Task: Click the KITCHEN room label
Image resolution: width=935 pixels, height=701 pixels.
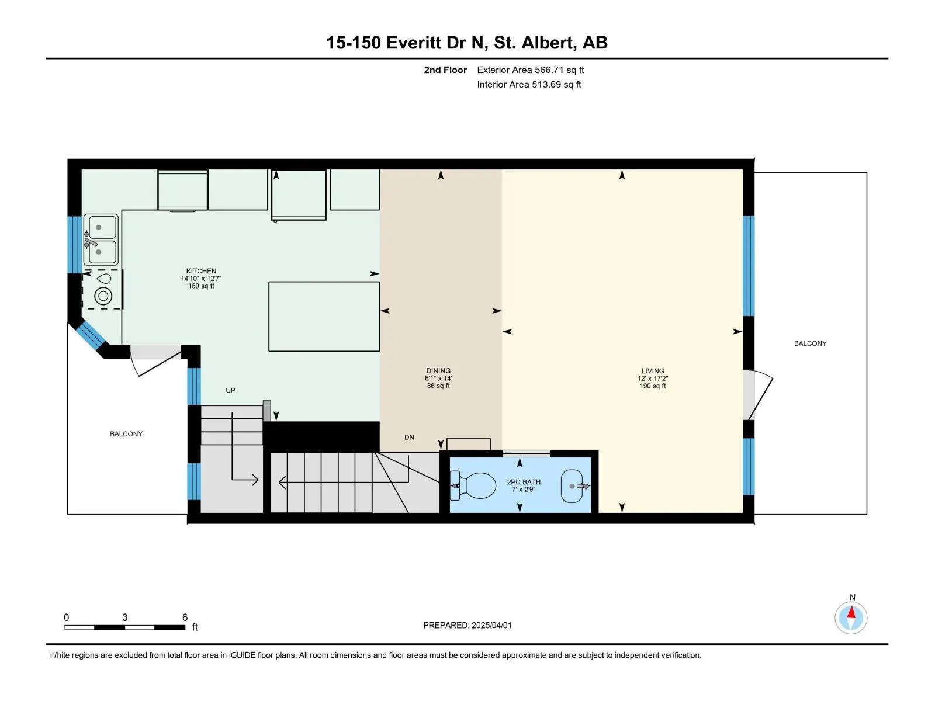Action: pos(201,270)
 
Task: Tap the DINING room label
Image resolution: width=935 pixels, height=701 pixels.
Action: pos(438,371)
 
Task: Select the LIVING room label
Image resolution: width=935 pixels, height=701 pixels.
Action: pos(653,371)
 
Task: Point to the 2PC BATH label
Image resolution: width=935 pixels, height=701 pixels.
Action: pos(524,482)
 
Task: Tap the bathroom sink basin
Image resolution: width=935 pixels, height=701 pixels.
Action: pos(572,486)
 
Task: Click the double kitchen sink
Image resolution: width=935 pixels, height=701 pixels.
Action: pos(101,240)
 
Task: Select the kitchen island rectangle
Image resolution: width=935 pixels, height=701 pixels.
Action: pos(324,316)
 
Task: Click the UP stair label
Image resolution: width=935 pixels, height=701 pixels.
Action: pos(230,390)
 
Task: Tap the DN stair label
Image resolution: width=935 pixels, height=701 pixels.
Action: pos(409,437)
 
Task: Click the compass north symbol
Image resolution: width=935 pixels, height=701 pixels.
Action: pos(851,617)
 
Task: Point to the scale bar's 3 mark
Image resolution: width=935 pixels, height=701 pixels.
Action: pos(125,617)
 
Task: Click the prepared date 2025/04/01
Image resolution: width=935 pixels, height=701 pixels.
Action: pos(491,625)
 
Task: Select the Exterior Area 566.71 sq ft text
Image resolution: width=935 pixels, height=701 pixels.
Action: pos(531,70)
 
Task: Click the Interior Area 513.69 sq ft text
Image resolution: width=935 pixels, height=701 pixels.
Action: pos(529,84)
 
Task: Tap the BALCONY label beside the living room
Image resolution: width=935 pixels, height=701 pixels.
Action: pos(810,343)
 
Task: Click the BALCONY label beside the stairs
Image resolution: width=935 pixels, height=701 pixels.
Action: pos(126,433)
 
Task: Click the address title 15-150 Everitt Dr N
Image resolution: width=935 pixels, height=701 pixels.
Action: pos(407,43)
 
